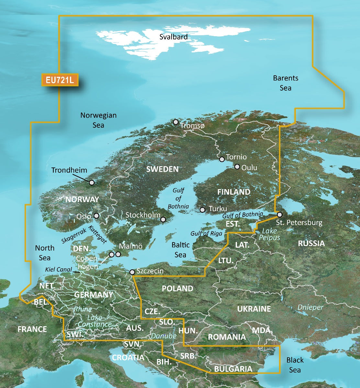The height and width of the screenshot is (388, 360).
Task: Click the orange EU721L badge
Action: pos(60,80)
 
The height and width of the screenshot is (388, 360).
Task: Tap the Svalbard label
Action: pos(174,37)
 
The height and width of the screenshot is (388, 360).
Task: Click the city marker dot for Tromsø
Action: pos(175,122)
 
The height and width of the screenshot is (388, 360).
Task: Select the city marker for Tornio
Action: pos(222,159)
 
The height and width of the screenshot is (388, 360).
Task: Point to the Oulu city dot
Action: pos(237,167)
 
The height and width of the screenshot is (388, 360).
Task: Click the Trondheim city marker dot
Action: pos(92,183)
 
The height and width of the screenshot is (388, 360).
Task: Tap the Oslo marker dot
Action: pos(96,216)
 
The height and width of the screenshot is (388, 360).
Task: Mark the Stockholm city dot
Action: pos(163,220)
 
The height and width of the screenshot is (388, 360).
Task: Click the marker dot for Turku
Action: pos(203,210)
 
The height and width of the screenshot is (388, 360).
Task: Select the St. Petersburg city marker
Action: pos(279,214)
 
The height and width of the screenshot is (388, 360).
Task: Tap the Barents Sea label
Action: pos(286,83)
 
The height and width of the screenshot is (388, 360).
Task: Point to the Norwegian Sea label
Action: pos(98,120)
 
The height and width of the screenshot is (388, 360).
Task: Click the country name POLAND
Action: pos(177,288)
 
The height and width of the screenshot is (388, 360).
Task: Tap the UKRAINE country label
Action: pos(254,309)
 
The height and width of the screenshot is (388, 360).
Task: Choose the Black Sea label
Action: pos(295,365)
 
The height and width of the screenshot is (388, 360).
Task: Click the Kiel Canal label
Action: pos(59,270)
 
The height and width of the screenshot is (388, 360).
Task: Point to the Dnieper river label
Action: pos(310,307)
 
